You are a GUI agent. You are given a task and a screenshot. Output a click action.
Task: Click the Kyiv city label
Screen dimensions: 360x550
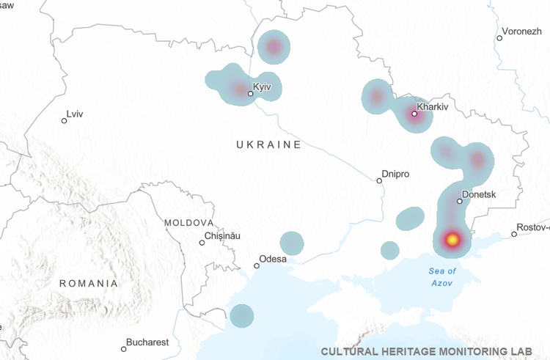click(263, 87)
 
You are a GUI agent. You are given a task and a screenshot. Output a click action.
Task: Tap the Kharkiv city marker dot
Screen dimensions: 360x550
click(414, 114)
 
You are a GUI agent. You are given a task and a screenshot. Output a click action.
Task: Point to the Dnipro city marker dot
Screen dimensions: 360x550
click(379, 180)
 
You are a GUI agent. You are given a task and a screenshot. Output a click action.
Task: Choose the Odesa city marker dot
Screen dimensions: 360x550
click(257, 265)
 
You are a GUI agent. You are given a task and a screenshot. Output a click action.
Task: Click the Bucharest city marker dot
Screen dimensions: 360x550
click(123, 349)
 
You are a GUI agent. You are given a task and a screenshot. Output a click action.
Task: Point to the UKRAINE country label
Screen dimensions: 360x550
click(268, 144)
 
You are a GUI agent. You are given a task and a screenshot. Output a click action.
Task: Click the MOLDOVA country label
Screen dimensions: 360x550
click(189, 222)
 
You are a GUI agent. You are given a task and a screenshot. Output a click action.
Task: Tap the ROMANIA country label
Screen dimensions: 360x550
click(89, 283)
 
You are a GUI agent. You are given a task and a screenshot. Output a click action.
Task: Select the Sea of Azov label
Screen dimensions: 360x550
click(442, 276)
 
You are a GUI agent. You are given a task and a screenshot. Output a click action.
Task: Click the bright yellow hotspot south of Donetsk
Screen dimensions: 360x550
click(452, 239)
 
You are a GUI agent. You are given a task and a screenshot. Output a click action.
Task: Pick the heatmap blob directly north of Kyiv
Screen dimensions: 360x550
click(274, 48)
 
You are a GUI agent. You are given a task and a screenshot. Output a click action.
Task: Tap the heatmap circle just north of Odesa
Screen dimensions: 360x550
click(292, 243)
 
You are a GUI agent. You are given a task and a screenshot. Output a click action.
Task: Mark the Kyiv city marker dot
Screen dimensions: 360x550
click(251, 94)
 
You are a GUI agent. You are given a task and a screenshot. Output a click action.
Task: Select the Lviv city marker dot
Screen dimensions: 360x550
click(64, 120)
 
